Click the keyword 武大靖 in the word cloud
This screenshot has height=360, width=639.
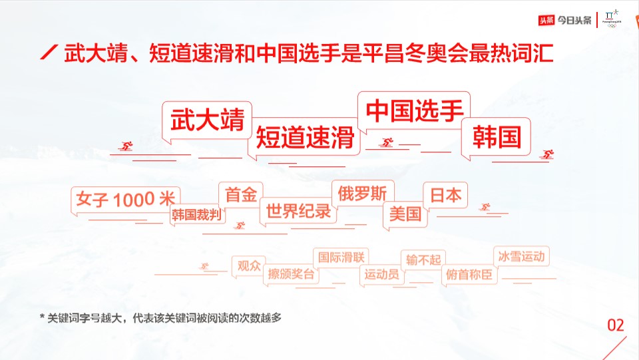point(208,120)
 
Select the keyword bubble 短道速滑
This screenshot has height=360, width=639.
point(305,137)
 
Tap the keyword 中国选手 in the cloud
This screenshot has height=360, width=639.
point(415,110)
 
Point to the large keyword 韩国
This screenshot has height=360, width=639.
point(497,137)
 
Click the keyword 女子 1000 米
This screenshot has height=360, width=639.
point(126,200)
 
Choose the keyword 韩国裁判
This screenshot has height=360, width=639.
point(196,215)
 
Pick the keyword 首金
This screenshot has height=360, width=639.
point(241,195)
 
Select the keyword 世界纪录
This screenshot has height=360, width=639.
point(298,211)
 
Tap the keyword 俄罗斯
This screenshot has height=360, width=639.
point(362,194)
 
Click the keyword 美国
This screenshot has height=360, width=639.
point(405,214)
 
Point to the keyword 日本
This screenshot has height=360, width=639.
point(445,196)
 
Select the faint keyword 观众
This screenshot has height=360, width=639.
point(249,266)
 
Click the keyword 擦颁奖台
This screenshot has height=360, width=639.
point(291,274)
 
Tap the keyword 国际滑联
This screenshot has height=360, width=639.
point(341,258)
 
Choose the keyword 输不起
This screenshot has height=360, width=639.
point(423,260)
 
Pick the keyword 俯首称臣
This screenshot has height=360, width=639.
point(469,274)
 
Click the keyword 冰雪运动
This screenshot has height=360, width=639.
point(521,256)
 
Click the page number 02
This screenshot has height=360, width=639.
point(615,325)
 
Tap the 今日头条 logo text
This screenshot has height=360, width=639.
point(574,20)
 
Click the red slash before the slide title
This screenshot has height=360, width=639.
point(49,53)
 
